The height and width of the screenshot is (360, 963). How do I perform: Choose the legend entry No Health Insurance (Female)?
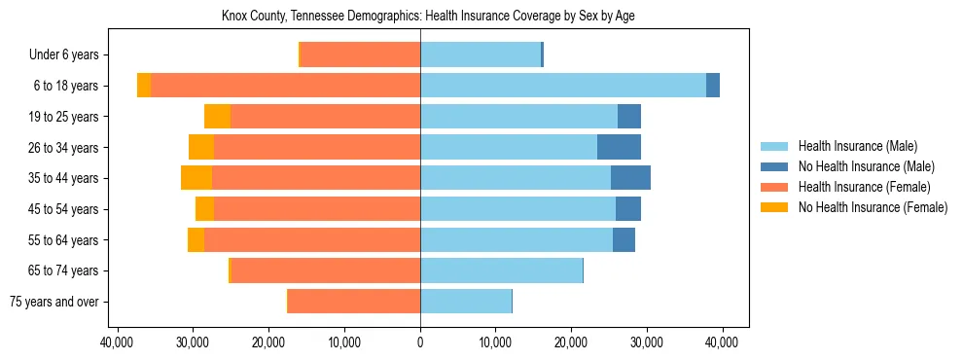click(873, 207)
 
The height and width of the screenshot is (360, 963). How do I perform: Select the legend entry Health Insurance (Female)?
click(863, 187)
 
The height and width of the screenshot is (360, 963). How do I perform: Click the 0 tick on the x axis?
click(420, 342)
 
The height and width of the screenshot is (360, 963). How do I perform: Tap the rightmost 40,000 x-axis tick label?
click(722, 342)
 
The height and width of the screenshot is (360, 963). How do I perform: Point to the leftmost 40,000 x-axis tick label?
click(118, 342)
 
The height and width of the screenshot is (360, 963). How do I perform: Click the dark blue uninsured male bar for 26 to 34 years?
click(619, 147)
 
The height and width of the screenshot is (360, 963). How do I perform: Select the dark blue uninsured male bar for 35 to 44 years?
click(630, 178)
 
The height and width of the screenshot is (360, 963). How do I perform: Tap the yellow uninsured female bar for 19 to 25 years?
click(217, 117)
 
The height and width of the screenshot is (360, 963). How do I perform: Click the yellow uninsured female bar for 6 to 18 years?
click(144, 86)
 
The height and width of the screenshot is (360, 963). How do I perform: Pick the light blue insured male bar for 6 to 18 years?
click(563, 86)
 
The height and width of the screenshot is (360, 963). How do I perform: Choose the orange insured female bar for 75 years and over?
click(354, 302)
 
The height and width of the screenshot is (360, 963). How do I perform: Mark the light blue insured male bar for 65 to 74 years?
click(501, 270)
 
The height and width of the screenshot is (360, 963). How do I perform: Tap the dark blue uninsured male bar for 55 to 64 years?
click(624, 239)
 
